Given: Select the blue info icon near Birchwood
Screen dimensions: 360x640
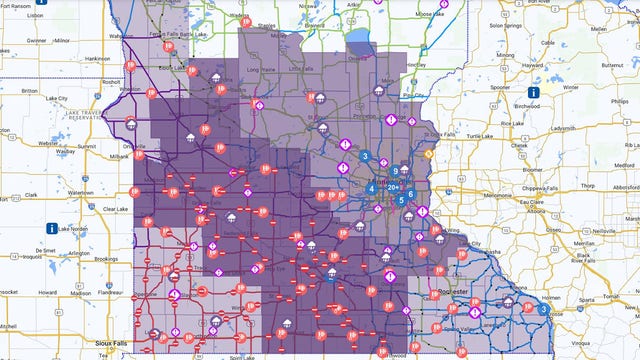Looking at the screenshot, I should (534, 91).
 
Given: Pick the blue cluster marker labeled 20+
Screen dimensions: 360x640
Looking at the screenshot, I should (394, 187).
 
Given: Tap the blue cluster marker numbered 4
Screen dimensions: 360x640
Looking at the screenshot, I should (372, 187).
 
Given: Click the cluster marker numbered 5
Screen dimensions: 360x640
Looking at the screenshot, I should (401, 200).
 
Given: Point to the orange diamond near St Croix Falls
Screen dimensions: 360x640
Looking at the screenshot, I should (429, 155).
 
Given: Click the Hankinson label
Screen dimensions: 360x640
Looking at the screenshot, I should (98, 59).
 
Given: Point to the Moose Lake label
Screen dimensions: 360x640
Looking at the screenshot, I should (430, 16).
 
